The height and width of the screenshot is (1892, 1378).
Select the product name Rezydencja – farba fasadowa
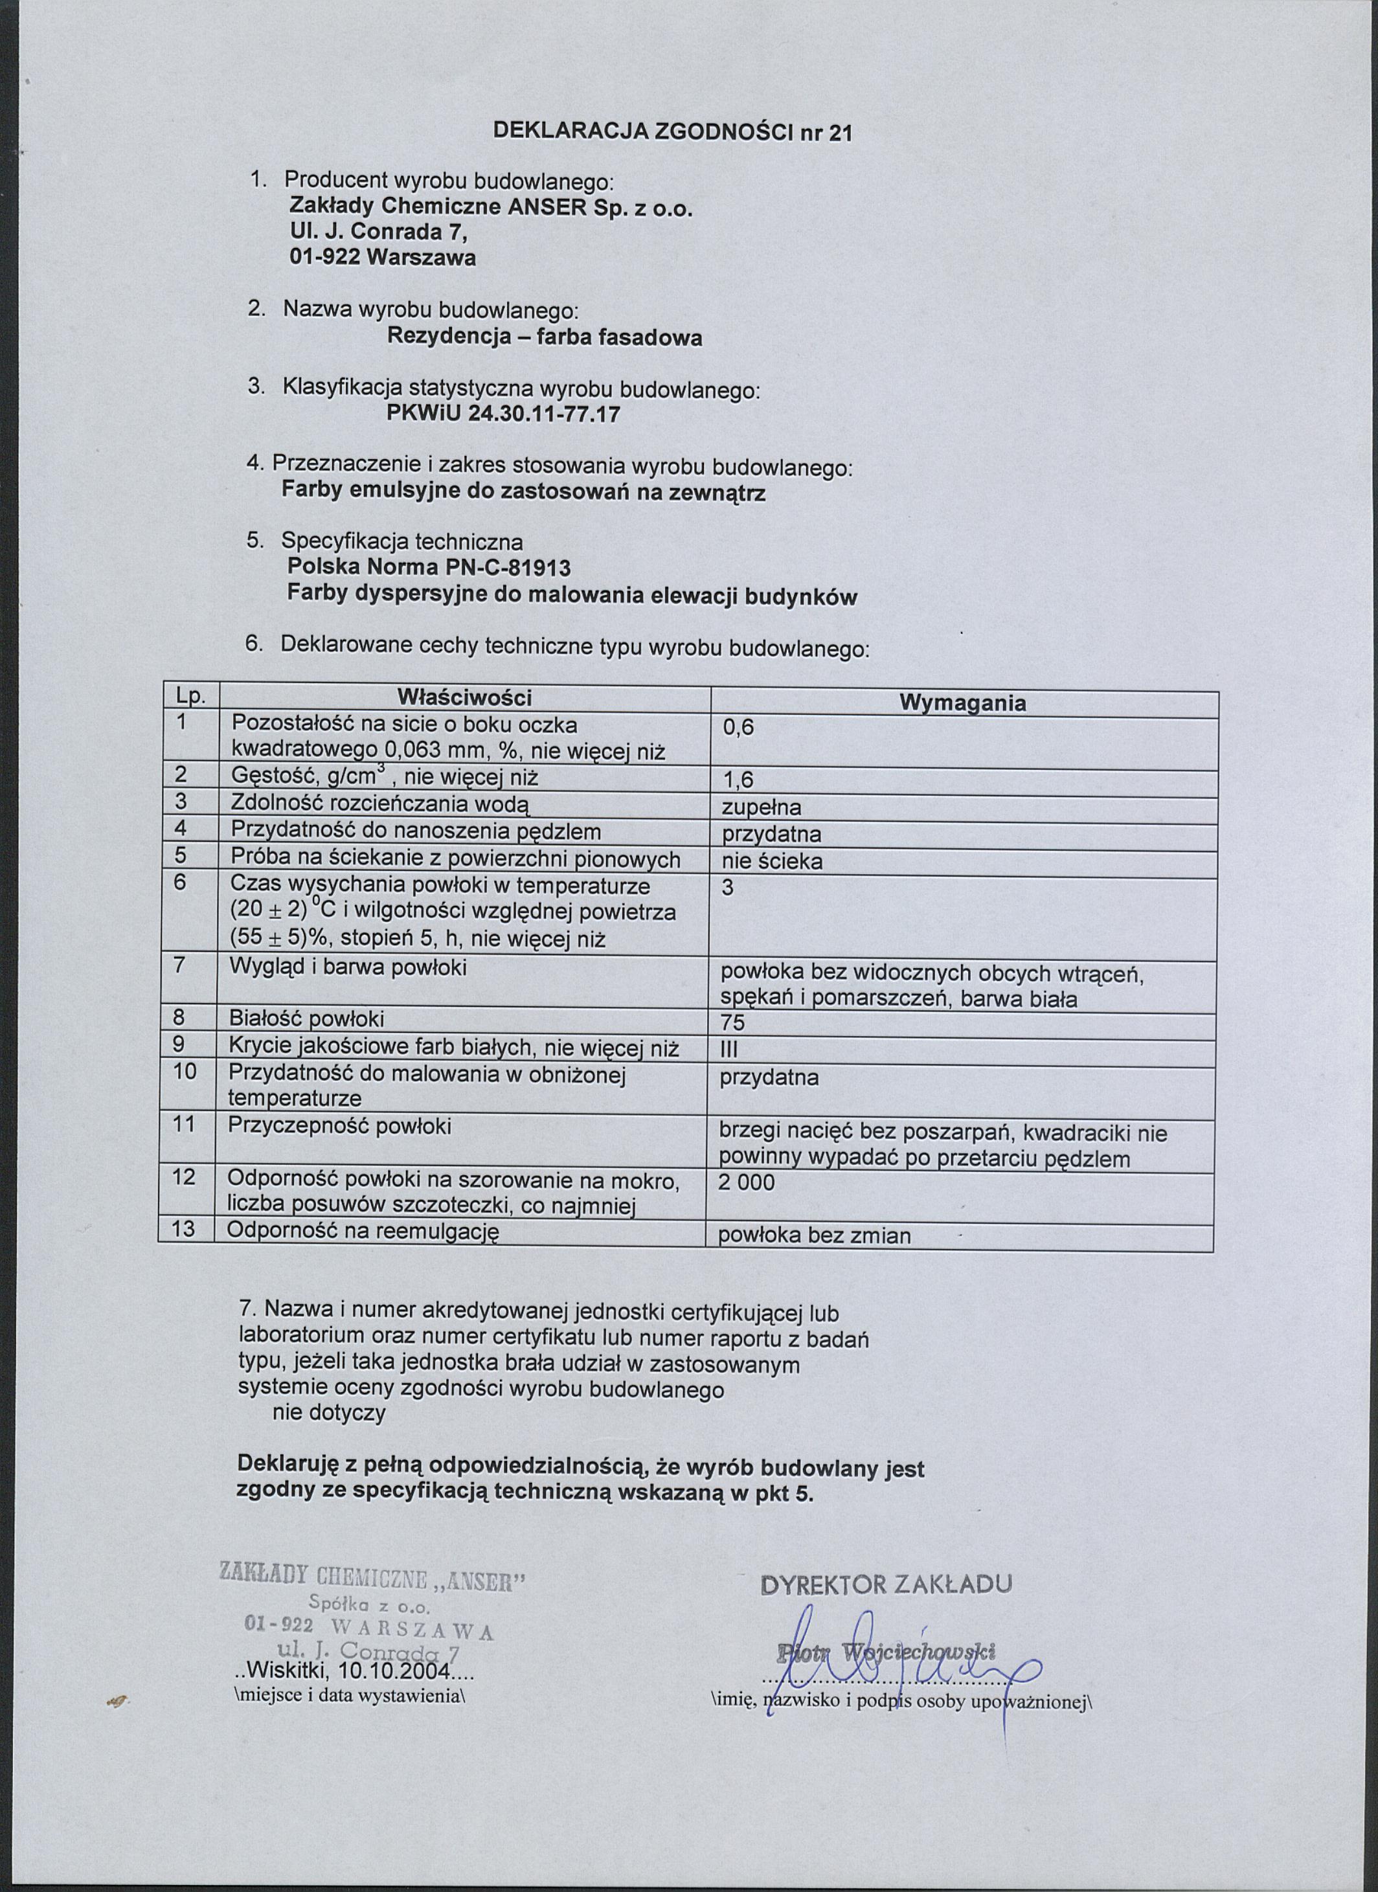point(544,337)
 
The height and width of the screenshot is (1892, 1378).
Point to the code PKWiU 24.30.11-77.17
point(504,414)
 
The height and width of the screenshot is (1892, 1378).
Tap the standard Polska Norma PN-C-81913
point(429,568)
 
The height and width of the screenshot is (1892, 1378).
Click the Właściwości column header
point(464,697)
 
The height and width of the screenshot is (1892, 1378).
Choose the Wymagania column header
point(963,703)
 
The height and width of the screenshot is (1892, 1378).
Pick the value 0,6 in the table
point(738,727)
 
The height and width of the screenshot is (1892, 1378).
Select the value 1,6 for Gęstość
point(738,780)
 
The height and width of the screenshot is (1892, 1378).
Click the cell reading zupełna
point(761,807)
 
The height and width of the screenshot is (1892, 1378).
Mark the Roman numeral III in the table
point(729,1050)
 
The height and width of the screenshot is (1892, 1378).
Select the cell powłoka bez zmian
point(814,1235)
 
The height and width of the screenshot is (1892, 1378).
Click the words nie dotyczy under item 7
point(329,1413)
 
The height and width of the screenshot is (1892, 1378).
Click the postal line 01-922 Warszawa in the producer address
point(382,258)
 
